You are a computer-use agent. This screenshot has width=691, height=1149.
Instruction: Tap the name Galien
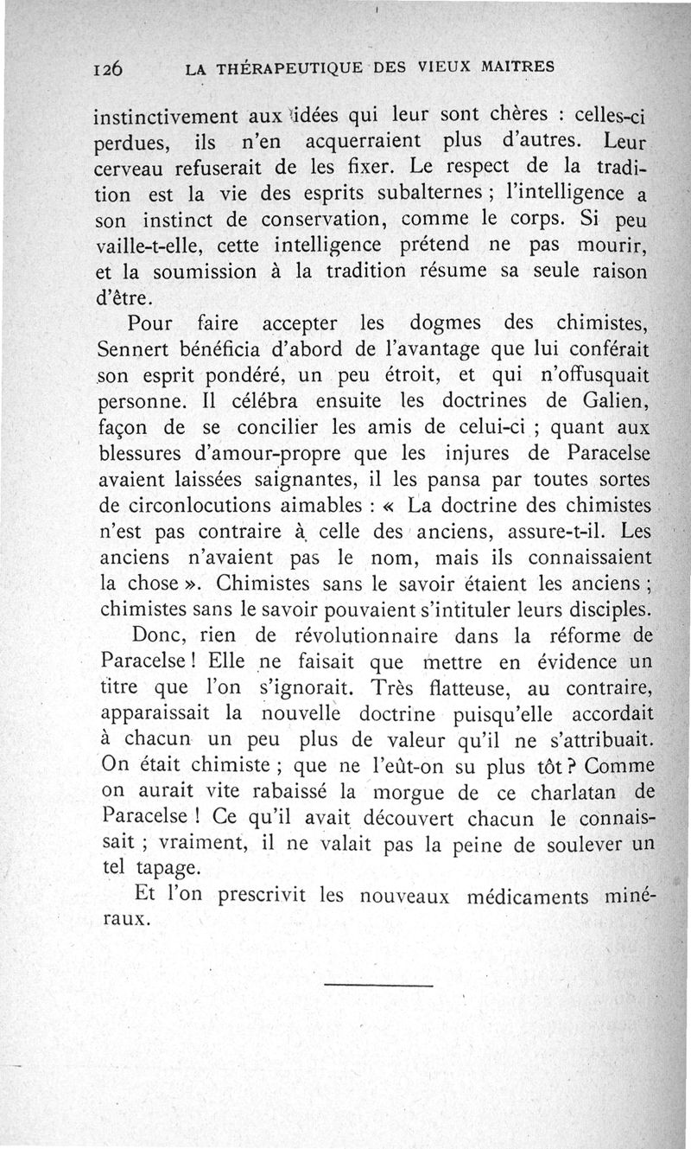pyautogui.click(x=613, y=403)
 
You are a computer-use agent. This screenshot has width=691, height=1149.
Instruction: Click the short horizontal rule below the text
pyautogui.click(x=379, y=986)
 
